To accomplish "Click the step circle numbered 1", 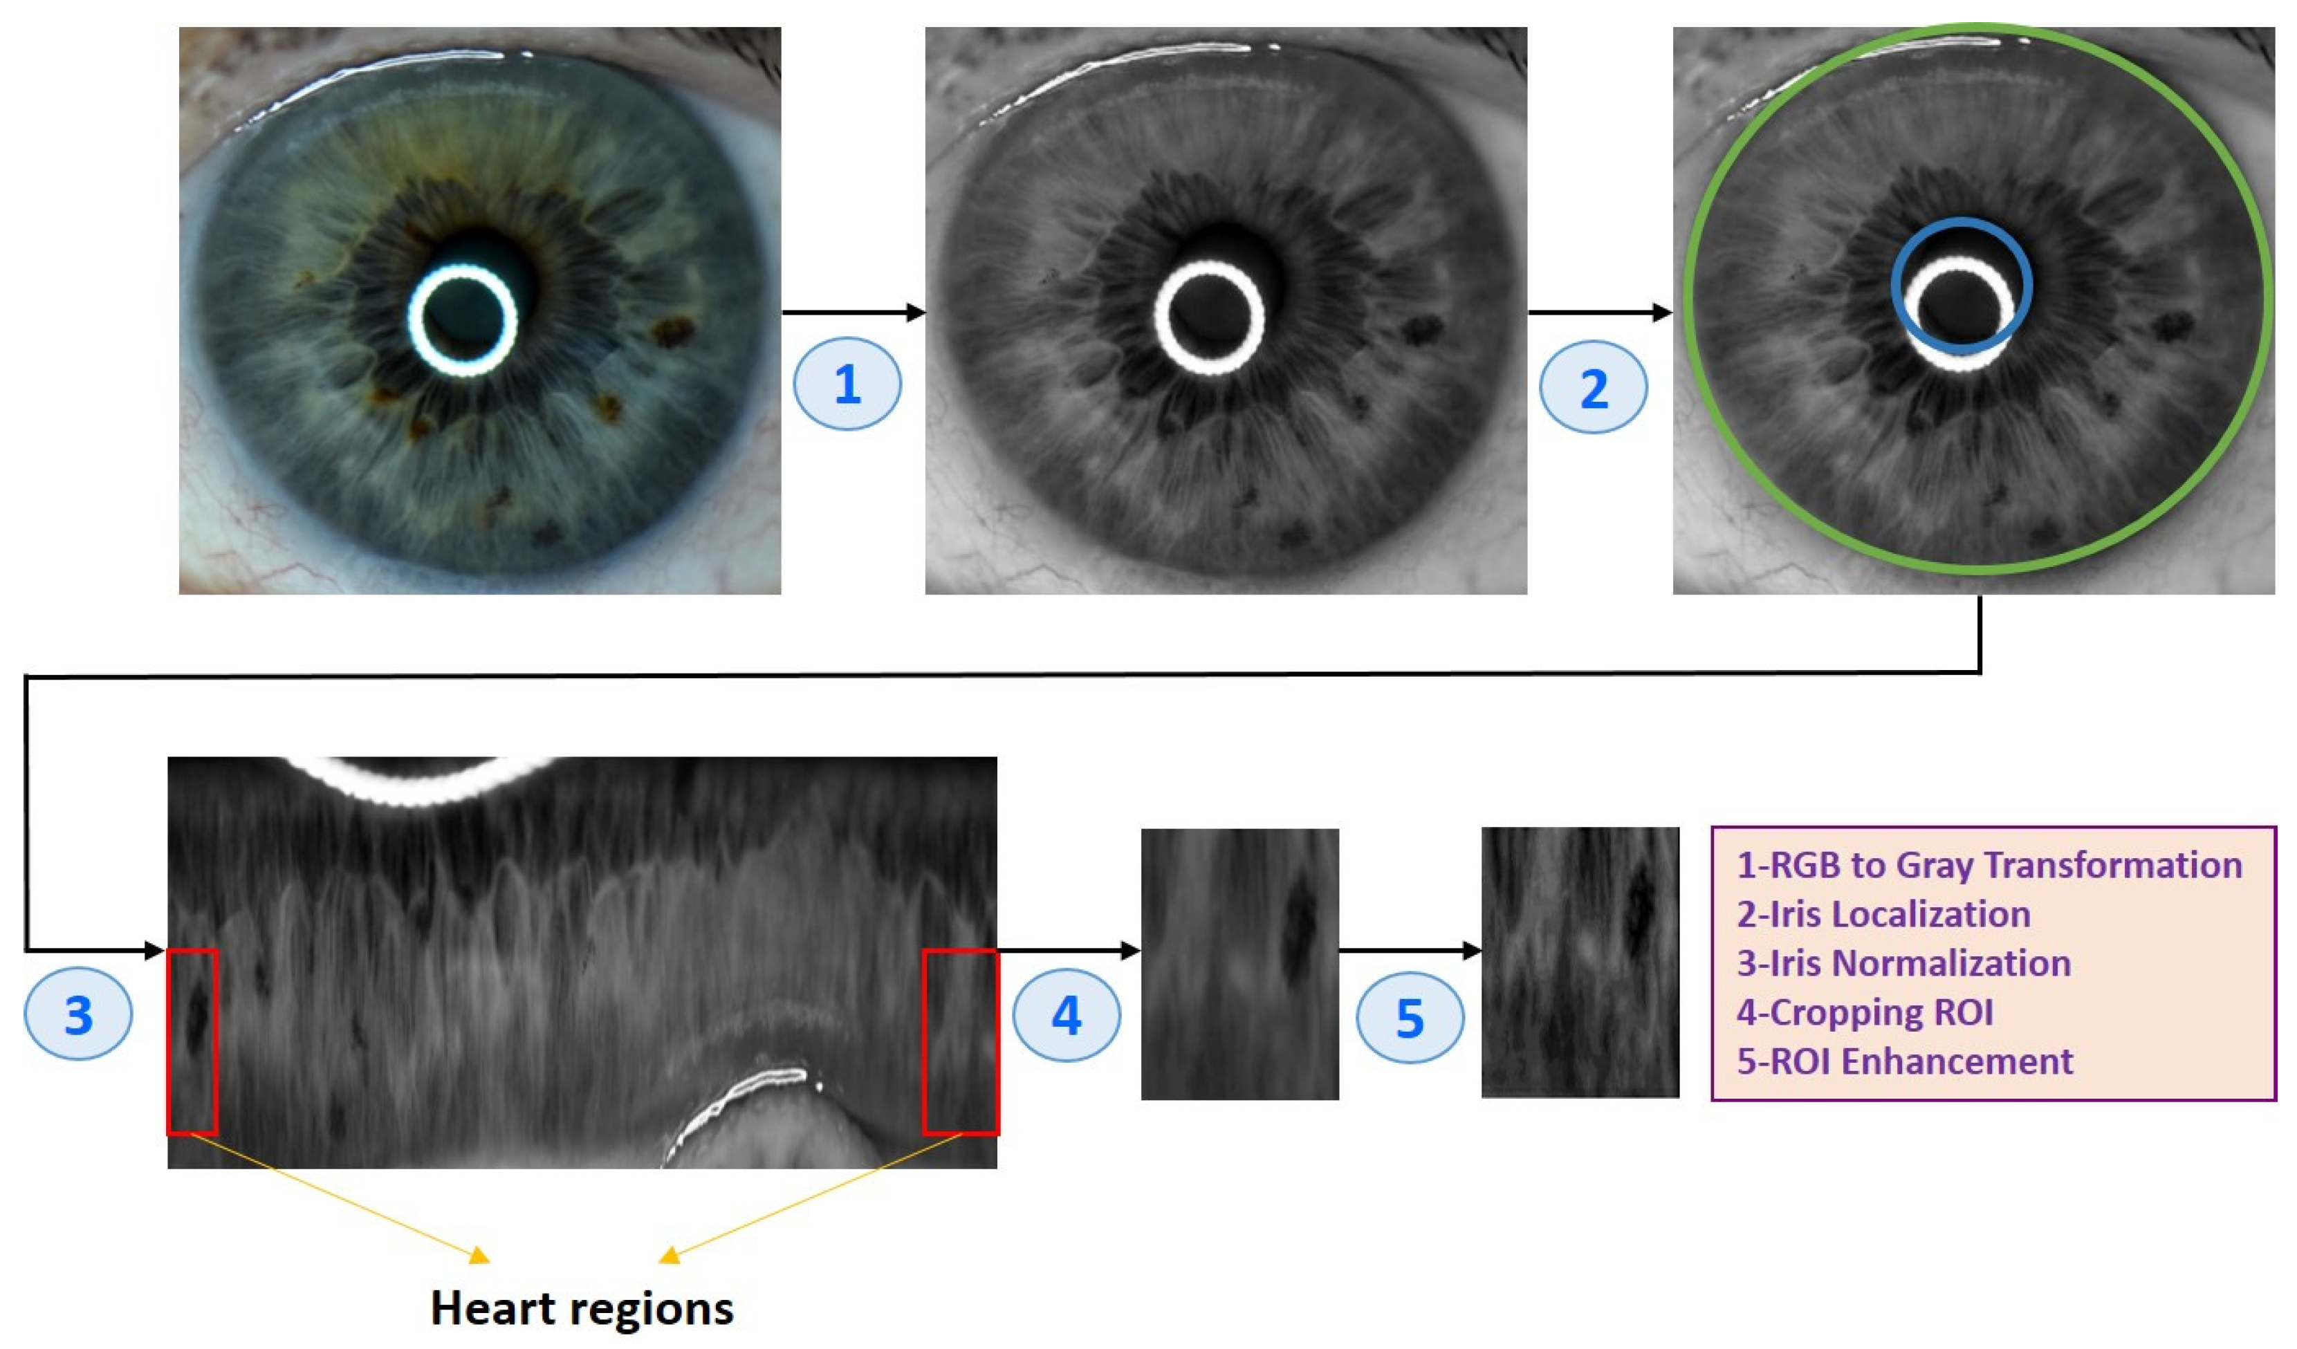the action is [x=847, y=384].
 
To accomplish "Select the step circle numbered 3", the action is [x=78, y=1013].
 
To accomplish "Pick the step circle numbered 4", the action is [x=1066, y=1014].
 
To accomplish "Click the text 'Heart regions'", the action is [x=582, y=1309].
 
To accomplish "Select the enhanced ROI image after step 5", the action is [x=1580, y=962].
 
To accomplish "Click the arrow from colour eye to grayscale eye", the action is [x=854, y=313].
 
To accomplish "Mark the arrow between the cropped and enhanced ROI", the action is [x=1410, y=951].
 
